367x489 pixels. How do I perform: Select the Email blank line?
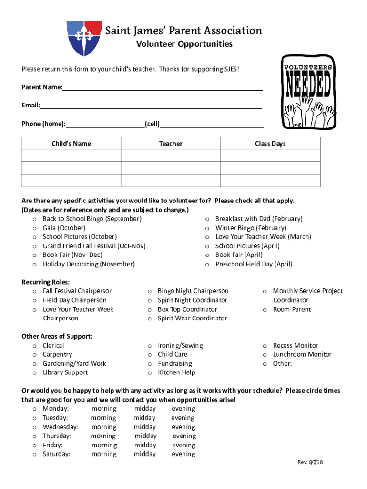[151, 106]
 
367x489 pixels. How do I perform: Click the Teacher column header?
[171, 144]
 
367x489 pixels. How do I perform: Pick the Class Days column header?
[270, 144]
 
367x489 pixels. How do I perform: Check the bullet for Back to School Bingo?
[35, 219]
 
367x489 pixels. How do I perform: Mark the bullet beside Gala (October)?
[35, 228]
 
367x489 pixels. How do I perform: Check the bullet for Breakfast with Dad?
[207, 219]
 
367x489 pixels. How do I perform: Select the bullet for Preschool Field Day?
[207, 265]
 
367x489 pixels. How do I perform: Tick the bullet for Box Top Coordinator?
[150, 310]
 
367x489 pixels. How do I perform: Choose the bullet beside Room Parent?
[265, 310]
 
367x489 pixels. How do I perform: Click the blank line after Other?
[317, 364]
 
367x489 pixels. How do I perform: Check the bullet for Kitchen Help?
[150, 373]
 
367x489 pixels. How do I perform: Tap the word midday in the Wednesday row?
[145, 427]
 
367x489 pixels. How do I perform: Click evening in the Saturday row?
[183, 454]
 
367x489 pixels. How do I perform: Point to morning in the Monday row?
[104, 409]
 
